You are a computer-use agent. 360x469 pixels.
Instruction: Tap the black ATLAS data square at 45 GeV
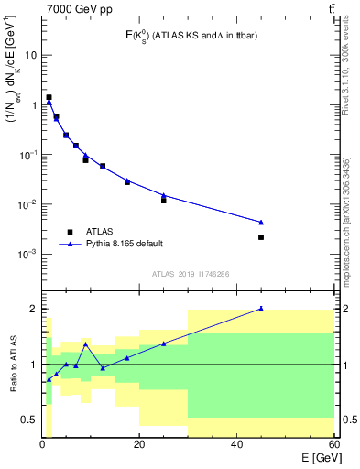(x=261, y=237)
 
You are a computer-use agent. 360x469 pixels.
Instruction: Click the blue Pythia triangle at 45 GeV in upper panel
(x=261, y=223)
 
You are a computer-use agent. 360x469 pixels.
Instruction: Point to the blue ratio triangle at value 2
(x=261, y=309)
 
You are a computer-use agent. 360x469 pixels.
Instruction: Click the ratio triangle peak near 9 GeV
(x=85, y=344)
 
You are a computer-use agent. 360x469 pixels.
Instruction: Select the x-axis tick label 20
(x=139, y=445)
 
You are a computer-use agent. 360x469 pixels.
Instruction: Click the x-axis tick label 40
(x=236, y=445)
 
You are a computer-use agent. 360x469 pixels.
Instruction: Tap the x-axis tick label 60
(x=333, y=445)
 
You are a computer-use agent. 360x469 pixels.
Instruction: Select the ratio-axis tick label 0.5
(x=29, y=420)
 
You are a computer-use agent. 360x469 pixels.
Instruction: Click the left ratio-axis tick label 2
(x=35, y=309)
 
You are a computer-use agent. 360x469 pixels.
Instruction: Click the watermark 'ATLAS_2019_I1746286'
(x=190, y=274)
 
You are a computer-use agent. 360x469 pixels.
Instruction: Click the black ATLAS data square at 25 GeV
(x=164, y=200)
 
